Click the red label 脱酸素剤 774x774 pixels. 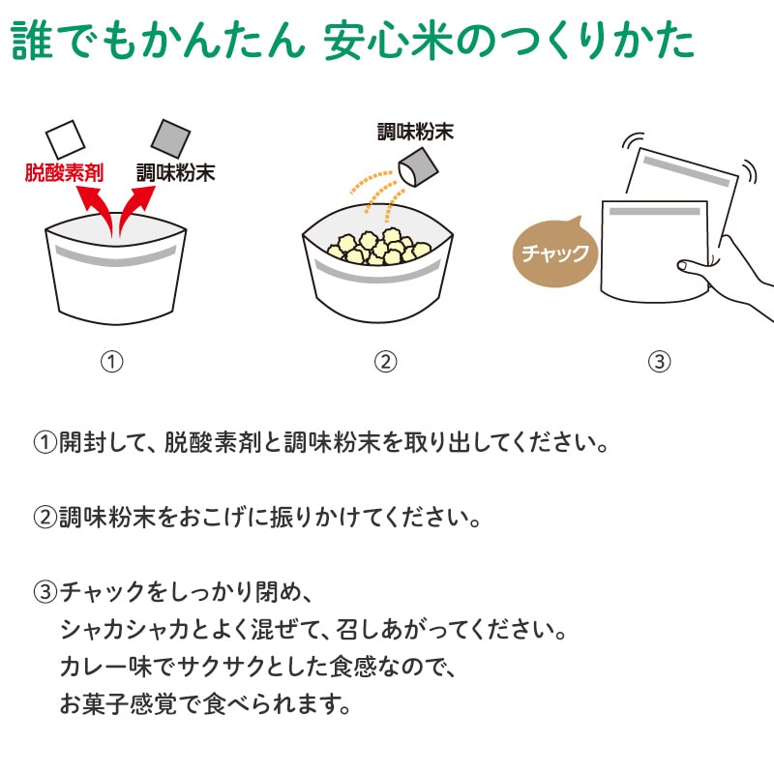click(64, 173)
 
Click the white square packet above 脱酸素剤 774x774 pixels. click(65, 139)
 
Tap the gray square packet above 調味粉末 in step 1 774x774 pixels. click(170, 138)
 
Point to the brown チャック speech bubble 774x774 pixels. click(554, 253)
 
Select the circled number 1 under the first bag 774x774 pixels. click(112, 362)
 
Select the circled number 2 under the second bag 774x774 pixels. click(385, 362)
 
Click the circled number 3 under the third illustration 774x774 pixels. click(660, 362)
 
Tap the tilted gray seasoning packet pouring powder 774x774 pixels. click(418, 168)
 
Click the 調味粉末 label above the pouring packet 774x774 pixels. click(415, 133)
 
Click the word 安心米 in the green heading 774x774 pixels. click(389, 41)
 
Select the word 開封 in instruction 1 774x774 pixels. click(82, 442)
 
